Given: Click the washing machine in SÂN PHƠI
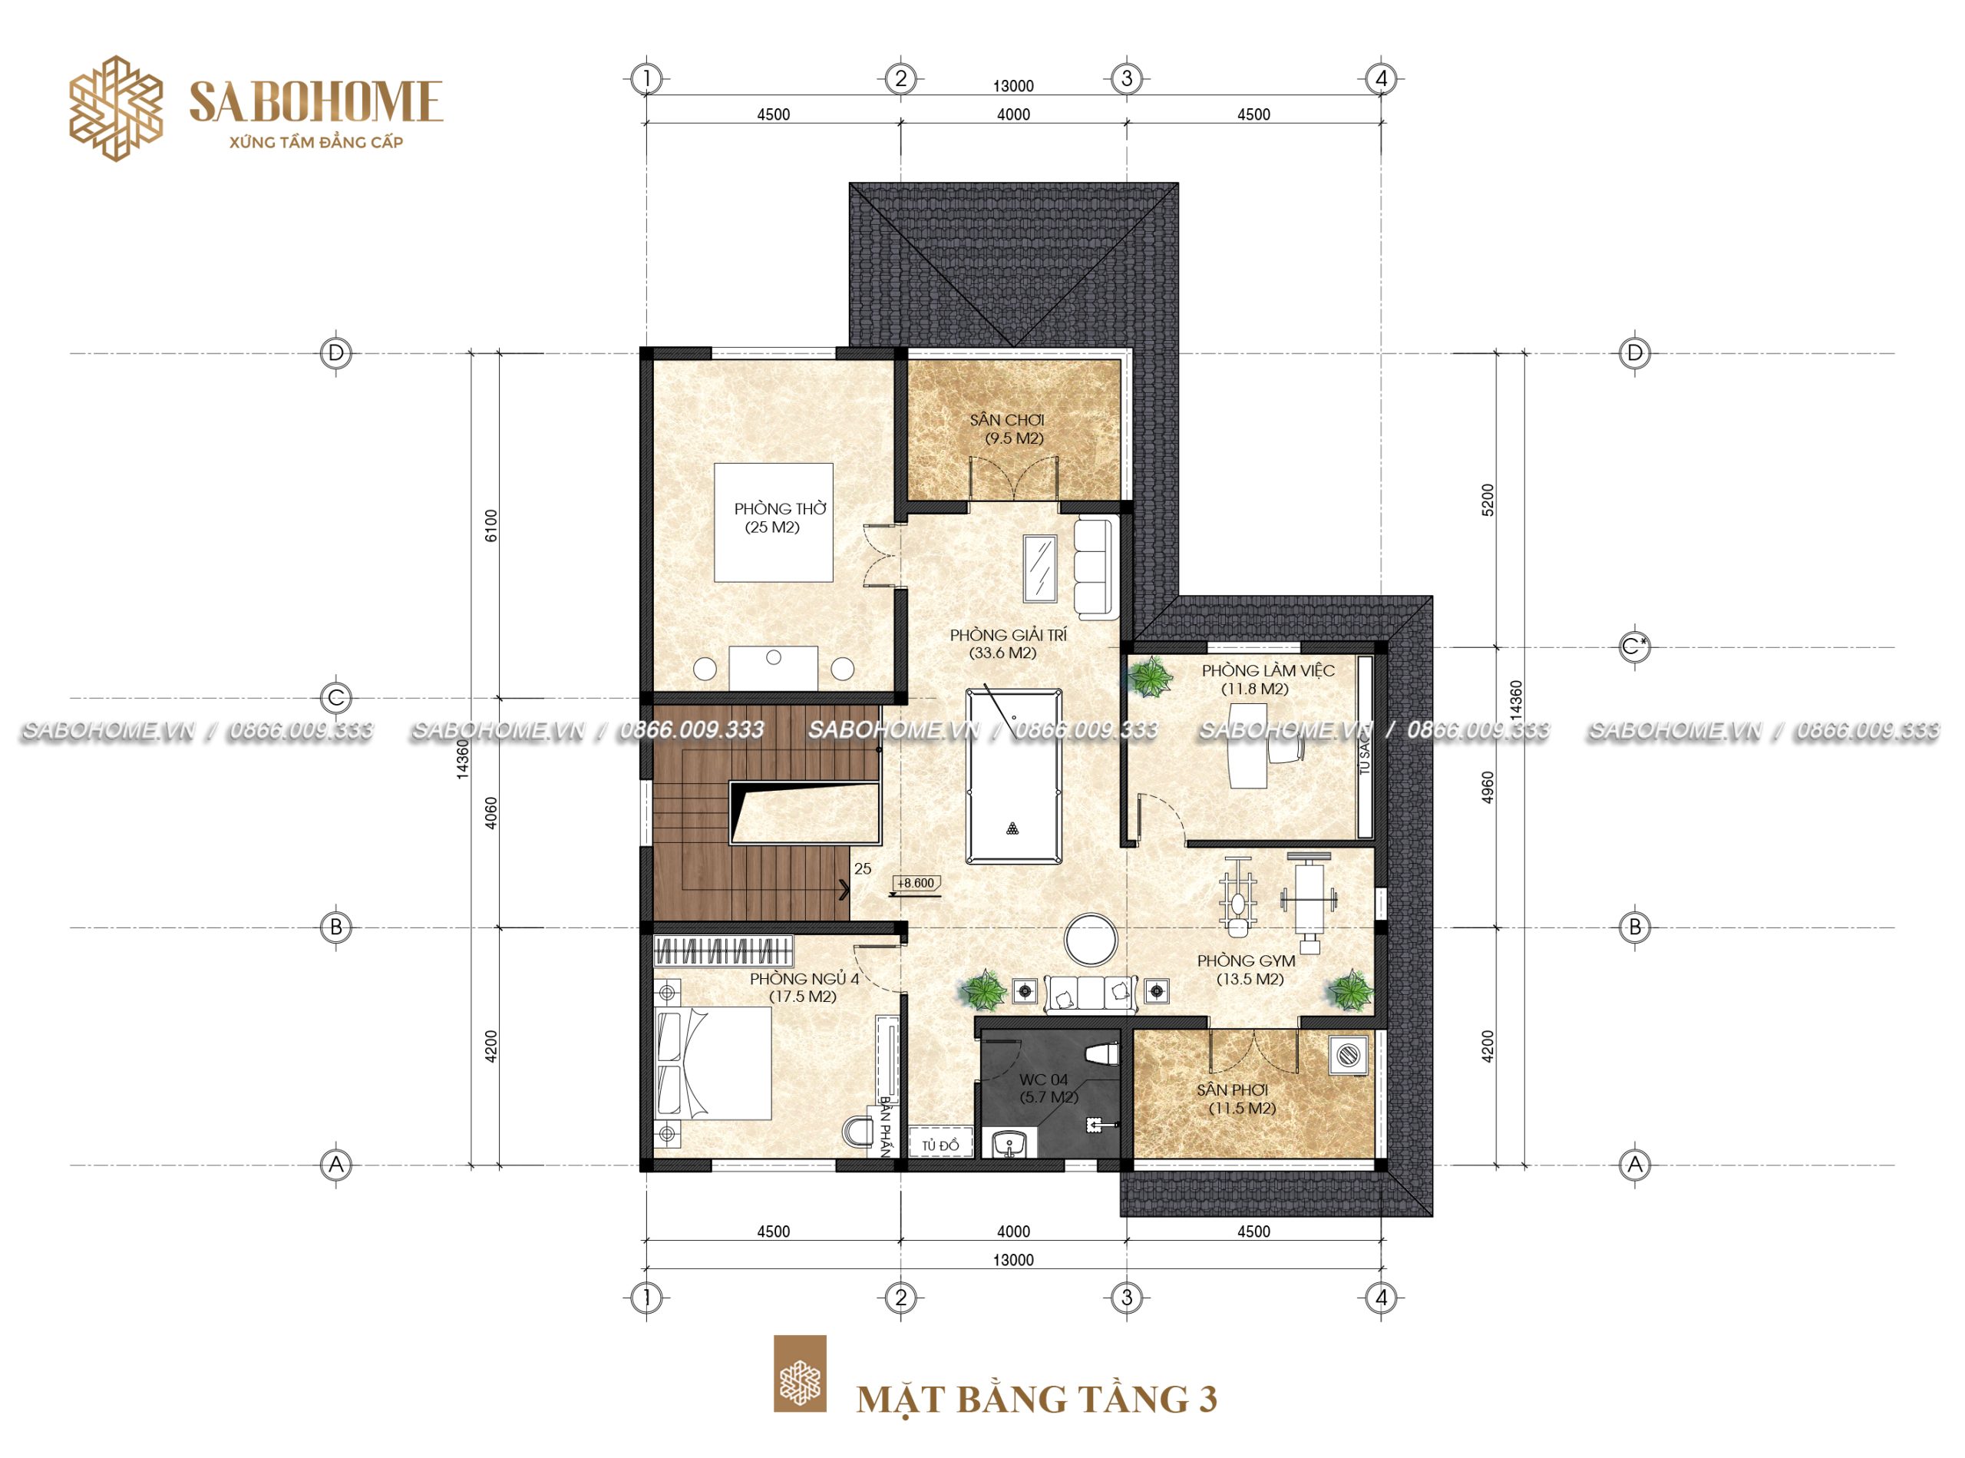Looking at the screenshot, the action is point(1346,1054).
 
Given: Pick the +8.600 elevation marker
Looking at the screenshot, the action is point(915,884).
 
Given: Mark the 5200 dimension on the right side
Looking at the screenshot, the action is point(1488,500).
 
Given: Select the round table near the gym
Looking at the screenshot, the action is point(1091,939).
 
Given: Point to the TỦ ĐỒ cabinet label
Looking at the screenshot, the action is point(940,1146).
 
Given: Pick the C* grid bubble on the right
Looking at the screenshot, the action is point(1634,647).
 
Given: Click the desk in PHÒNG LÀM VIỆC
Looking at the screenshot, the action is point(1247,744).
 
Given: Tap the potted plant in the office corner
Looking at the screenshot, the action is point(1151,678).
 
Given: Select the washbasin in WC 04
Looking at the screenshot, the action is point(1009,1143).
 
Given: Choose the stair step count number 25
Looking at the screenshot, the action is point(862,868).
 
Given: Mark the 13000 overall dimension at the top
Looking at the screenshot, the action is point(1013,86).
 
